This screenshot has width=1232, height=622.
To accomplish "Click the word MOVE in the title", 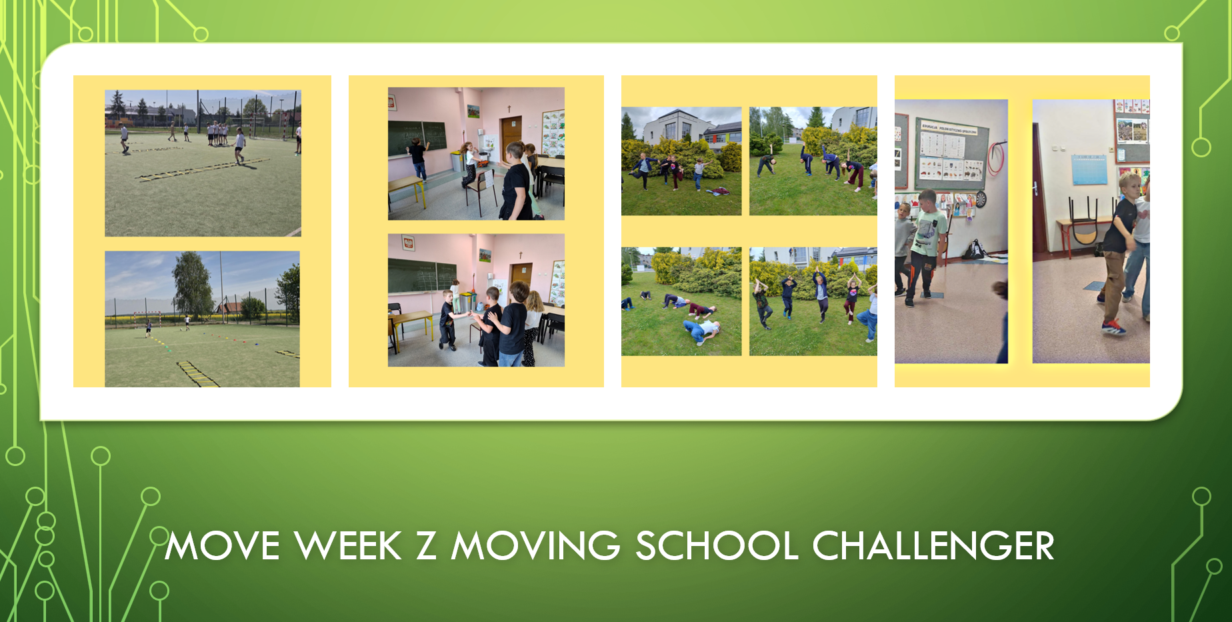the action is [x=223, y=546].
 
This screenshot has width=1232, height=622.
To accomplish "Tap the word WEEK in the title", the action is [x=349, y=546].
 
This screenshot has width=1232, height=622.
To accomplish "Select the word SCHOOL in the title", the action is [x=717, y=546].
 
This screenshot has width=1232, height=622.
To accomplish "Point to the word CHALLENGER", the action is [x=933, y=546].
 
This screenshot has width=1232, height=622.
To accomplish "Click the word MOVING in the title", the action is [x=536, y=546].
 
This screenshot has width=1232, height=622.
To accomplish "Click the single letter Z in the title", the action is [x=427, y=546].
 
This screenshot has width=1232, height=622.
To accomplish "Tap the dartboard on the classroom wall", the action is [x=981, y=199].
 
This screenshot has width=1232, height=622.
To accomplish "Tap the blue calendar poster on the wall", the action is [x=1089, y=169].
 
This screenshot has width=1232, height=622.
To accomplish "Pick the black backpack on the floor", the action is [x=974, y=249].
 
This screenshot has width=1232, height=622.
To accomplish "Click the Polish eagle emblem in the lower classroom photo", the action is [x=408, y=243].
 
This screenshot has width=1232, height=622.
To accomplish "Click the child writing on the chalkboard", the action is [x=418, y=158].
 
